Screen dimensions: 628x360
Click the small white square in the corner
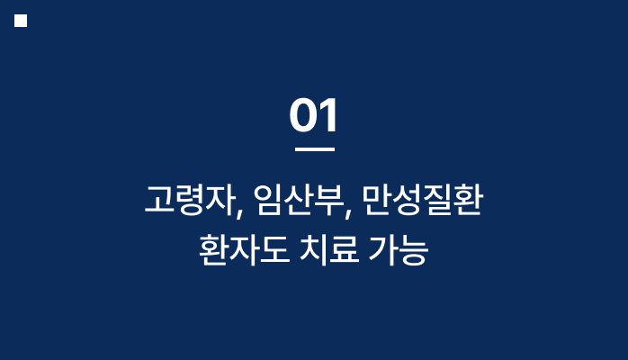[21, 21]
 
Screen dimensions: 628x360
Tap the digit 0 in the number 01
[303, 115]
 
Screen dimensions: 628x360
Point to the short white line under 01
[315, 149]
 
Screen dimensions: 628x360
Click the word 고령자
[190, 200]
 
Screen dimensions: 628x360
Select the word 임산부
[299, 200]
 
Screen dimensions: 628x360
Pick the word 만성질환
[423, 200]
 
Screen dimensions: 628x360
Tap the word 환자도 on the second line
[244, 250]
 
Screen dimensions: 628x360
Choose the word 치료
[329, 250]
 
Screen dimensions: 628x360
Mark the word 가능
[399, 250]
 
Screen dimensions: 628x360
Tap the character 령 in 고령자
[190, 200]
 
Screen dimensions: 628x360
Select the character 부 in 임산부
[328, 200]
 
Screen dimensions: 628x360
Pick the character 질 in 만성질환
[438, 200]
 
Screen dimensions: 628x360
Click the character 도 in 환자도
[274, 250]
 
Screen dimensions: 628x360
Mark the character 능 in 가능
[414, 250]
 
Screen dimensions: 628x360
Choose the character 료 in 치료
[345, 250]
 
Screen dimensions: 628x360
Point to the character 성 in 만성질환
[408, 200]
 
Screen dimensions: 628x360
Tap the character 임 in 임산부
[268, 200]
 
